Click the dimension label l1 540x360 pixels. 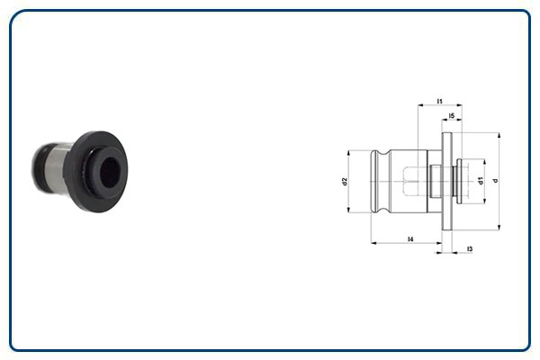tap(439, 101)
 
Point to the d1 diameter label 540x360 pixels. tap(481, 181)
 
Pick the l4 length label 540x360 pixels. tap(409, 238)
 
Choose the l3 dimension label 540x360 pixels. tap(470, 248)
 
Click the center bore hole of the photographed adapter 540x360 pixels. tap(107, 168)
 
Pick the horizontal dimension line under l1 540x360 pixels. tap(439, 107)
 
